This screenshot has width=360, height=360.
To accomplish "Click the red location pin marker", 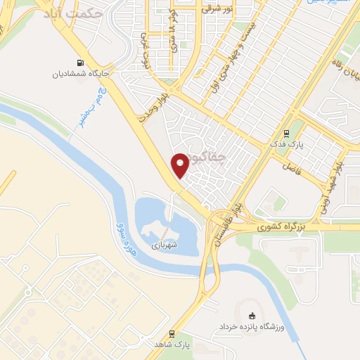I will coord(181,165).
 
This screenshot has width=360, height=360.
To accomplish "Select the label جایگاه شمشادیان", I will coord(82,72).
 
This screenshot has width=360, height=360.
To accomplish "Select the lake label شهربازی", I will coord(164,245).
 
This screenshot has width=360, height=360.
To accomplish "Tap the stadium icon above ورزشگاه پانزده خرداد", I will coord(253,314).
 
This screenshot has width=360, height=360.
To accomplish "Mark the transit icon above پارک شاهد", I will coord(172,334).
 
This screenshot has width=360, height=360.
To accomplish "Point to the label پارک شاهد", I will coord(173,345).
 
